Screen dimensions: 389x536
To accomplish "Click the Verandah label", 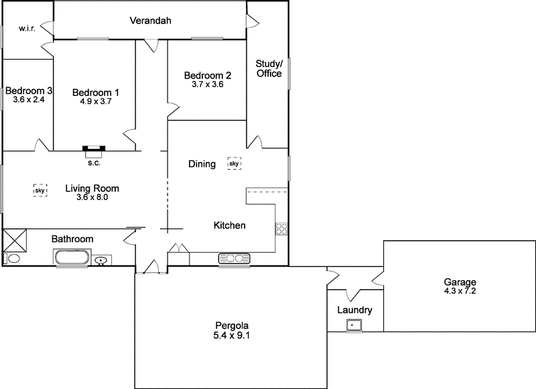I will pos(150,21).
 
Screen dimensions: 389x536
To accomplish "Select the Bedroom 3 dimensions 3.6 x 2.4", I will pos(28,100).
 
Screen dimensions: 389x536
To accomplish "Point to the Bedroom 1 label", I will pos(95,92).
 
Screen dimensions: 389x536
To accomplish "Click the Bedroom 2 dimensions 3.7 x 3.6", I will pos(207,85).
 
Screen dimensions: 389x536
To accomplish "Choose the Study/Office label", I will pos(269,68).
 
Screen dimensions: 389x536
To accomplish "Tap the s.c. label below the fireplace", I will pos(94,162).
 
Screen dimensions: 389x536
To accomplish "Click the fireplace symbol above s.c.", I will pos(94,148).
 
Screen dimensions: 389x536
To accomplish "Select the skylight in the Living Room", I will pos(40,190).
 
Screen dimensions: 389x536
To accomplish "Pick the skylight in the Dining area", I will pos(234,163).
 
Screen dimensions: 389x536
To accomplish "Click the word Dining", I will pos(202,164).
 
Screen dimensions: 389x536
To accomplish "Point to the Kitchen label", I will pos(229,225).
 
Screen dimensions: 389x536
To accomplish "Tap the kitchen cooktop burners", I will pos(281,229).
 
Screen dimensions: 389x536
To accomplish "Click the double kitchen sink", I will pos(234,258).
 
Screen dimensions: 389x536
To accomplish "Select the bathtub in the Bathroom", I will pos(71,258).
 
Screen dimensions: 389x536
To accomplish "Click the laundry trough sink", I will pos(354,325).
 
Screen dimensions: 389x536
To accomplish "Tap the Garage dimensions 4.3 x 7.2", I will pos(459,292).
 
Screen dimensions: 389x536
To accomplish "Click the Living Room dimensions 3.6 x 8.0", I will pos(92,198).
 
